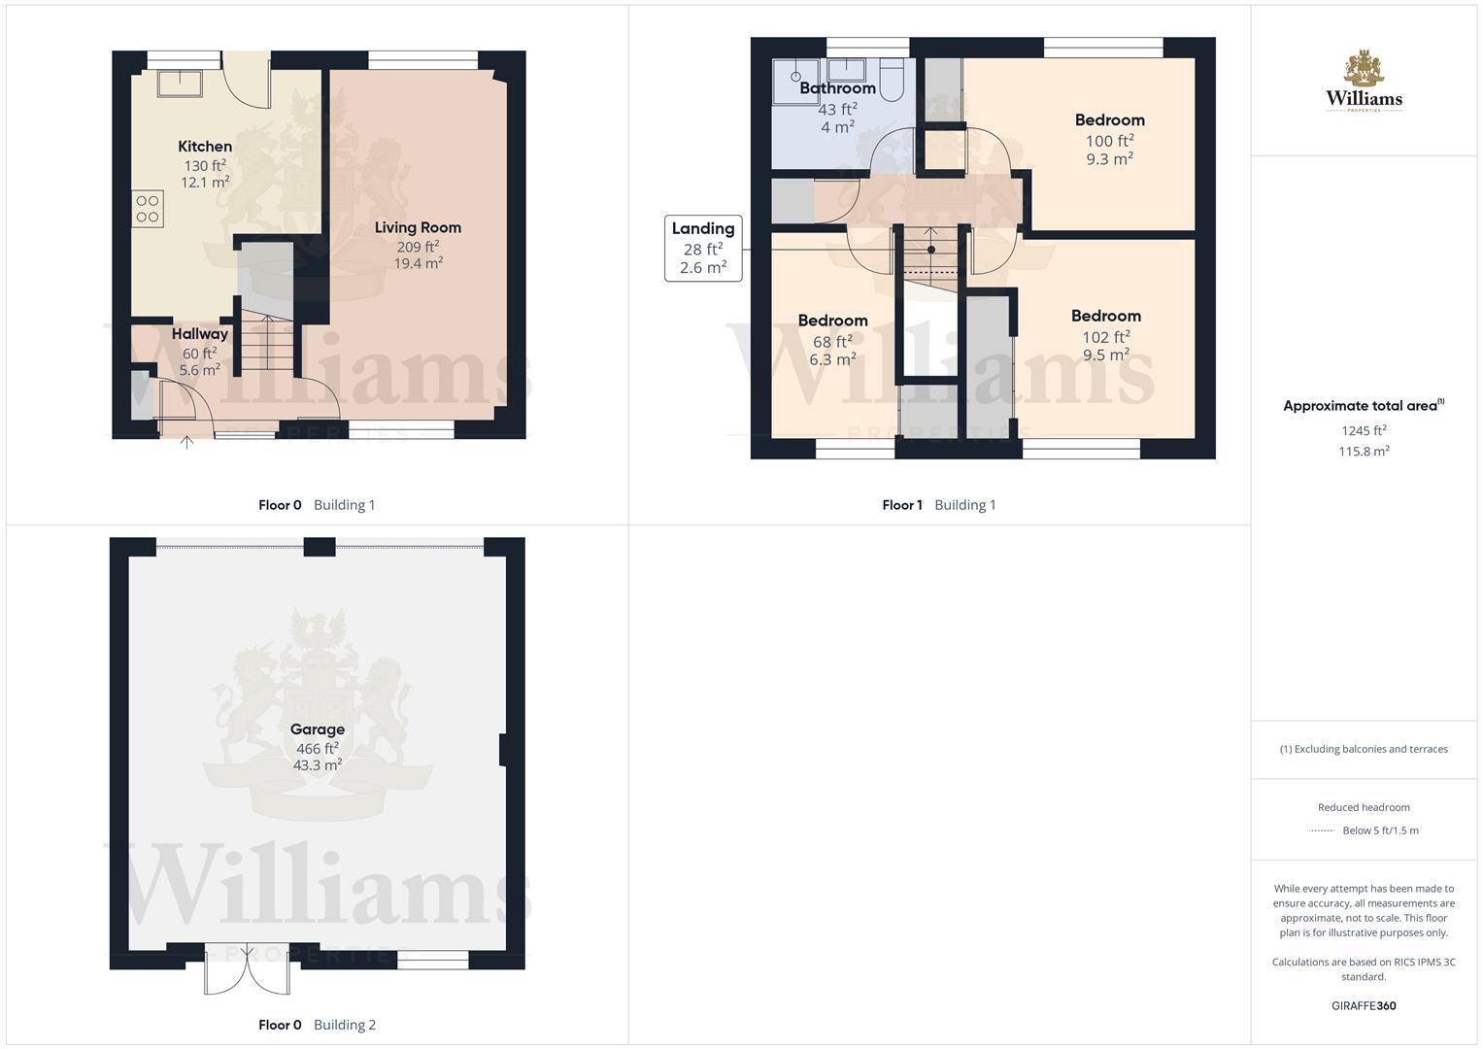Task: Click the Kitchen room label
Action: click(205, 147)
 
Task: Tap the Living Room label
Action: click(418, 228)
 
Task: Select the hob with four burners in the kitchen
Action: click(148, 209)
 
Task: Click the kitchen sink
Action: click(181, 83)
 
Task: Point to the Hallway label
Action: click(199, 334)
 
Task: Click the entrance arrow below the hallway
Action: click(187, 443)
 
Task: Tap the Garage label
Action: click(318, 729)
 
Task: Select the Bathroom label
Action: click(837, 88)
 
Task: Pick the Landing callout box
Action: click(703, 249)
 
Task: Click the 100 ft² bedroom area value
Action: click(1109, 141)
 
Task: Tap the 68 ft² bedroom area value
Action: click(832, 342)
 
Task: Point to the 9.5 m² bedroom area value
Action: click(1106, 355)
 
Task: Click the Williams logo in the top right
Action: click(1364, 82)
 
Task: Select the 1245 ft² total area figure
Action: click(1364, 431)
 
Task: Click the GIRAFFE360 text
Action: click(1364, 1006)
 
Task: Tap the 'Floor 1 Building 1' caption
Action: click(938, 505)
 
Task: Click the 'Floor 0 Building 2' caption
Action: click(317, 1025)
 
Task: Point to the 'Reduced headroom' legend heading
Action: click(1364, 807)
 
